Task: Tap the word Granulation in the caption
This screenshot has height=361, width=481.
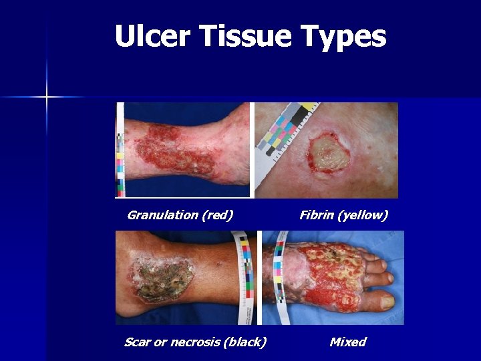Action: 162,215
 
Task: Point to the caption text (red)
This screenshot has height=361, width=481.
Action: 217,215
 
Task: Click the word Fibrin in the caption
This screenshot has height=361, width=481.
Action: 317,215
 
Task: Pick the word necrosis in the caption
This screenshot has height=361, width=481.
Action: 195,342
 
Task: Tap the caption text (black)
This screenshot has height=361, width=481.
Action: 245,342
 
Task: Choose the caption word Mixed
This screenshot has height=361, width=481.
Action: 348,342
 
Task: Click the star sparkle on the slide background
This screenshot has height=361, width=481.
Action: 47,98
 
